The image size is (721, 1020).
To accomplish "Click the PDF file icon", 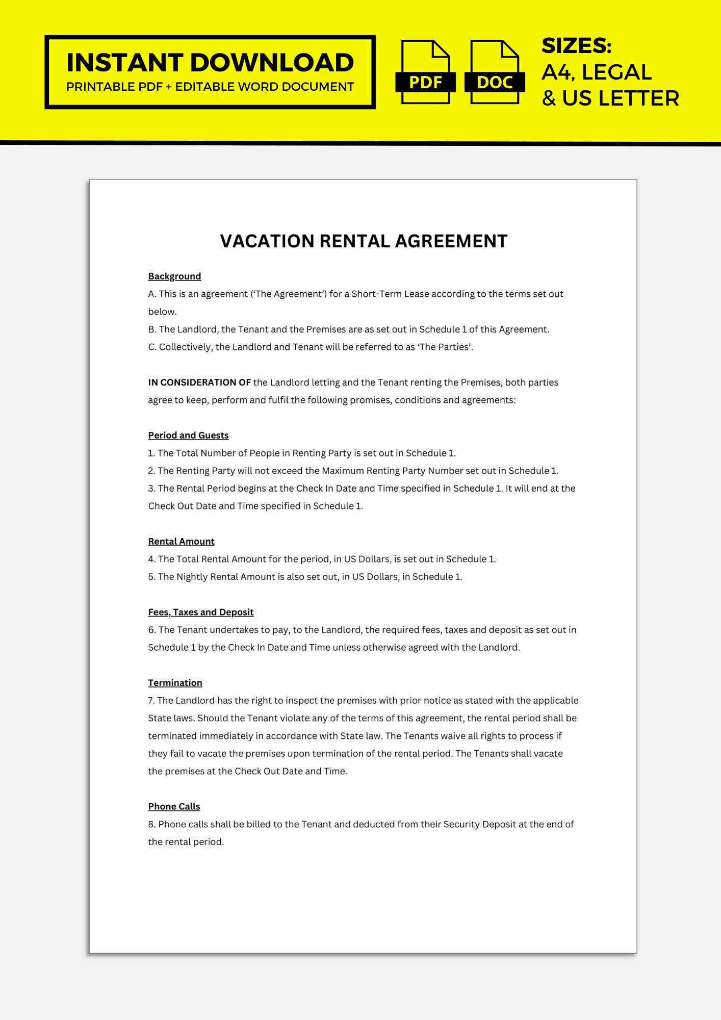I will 425,72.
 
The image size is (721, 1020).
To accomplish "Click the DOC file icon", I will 494,72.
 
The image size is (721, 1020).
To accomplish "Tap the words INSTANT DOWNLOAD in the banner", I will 210,63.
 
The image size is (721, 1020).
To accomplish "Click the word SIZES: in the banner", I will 576,46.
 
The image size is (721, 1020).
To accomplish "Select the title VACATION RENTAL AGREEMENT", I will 364,241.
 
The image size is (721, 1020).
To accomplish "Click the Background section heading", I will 174,276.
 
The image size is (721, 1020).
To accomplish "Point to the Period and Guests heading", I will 188,436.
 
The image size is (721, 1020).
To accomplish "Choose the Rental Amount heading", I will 181,542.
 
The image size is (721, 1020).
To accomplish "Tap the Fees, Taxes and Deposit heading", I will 200,612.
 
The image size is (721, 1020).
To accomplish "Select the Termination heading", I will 175,683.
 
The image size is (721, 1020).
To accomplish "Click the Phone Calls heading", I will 174,806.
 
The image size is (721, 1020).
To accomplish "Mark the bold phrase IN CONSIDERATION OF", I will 199,382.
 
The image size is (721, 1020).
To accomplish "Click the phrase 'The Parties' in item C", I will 445,347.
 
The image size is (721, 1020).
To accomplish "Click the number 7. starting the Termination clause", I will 151,701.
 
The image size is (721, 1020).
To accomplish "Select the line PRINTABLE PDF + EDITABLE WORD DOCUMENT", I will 210,87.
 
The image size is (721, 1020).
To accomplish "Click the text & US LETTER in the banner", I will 610,98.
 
